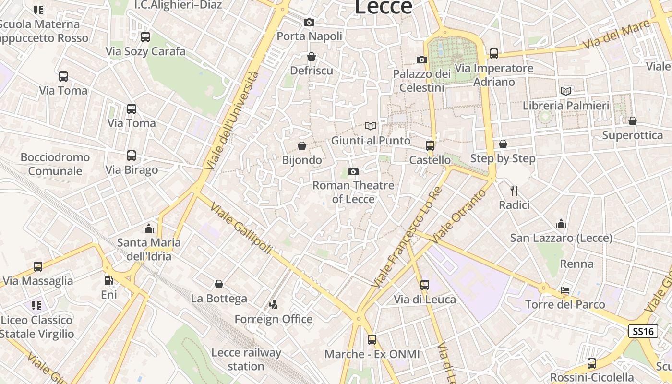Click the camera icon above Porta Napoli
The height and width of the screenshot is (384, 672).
[x=309, y=22]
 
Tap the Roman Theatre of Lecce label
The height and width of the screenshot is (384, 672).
[x=353, y=192]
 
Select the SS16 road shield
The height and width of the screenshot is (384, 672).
[x=643, y=331]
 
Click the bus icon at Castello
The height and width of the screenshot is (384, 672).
[x=430, y=145]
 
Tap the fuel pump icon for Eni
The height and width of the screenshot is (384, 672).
[x=109, y=280]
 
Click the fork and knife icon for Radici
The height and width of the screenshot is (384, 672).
[x=514, y=191]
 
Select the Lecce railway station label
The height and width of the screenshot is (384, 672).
[x=246, y=359]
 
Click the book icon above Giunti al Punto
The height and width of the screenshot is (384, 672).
[x=370, y=126]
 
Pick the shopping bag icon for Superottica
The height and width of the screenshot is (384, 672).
[x=632, y=121]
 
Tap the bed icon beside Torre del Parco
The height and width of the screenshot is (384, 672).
[x=565, y=290]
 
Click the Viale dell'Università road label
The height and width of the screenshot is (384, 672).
[x=232, y=121]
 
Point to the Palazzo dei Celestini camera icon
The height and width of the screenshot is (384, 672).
[x=421, y=60]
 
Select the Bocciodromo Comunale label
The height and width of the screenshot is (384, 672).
[x=55, y=164]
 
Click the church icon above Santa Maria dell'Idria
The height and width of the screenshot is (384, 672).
[x=149, y=228]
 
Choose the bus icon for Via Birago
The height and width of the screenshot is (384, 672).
[x=131, y=156]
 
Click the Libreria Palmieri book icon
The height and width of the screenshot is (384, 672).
[x=566, y=91]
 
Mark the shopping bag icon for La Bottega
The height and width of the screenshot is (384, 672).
[x=219, y=284]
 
